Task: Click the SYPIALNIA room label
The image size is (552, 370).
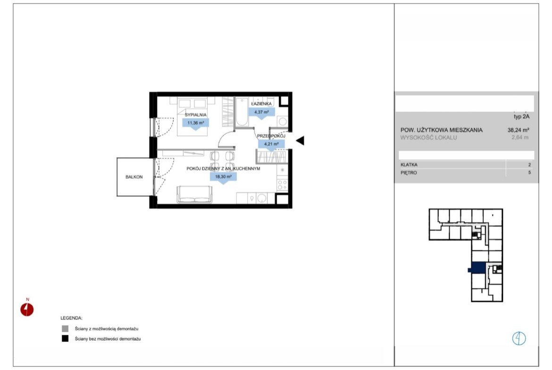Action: [196, 115]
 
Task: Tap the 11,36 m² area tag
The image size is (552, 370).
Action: [196, 123]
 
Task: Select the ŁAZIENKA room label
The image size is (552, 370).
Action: [261, 104]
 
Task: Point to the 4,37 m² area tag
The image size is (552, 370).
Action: [261, 112]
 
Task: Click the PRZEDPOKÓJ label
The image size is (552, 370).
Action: [271, 136]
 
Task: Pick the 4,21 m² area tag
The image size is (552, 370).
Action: [271, 144]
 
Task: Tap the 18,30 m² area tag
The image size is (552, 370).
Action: [223, 177]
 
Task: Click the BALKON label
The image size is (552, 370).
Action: [134, 177]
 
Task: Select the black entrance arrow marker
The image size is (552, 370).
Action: [300, 140]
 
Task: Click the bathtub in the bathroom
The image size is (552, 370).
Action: [242, 112]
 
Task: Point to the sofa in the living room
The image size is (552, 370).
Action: [194, 195]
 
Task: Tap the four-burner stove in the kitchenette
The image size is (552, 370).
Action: [282, 185]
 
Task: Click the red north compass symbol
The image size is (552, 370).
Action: [27, 309]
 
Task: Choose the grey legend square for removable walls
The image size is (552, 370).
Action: [65, 329]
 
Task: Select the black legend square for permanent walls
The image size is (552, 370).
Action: [65, 339]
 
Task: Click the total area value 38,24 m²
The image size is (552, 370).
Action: [518, 130]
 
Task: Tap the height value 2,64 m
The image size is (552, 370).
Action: [520, 138]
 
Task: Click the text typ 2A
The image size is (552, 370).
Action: [521, 117]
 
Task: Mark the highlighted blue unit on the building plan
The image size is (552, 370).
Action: [478, 268]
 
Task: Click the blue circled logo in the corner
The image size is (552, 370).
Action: [519, 338]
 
